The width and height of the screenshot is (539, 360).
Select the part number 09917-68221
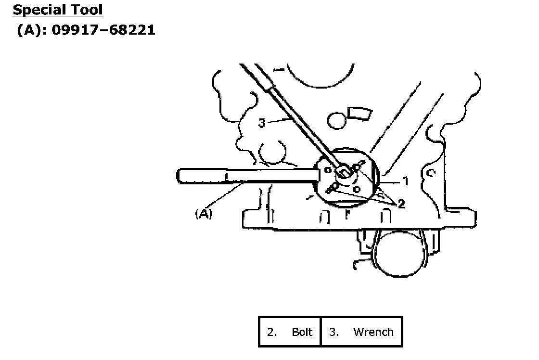[103, 30]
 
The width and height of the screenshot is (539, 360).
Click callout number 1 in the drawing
[405, 181]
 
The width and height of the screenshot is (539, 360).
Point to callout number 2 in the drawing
[401, 205]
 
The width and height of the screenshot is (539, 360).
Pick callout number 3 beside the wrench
[262, 123]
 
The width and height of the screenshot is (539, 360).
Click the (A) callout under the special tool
[204, 214]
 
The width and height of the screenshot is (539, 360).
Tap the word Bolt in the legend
[302, 332]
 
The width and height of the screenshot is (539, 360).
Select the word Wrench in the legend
[373, 332]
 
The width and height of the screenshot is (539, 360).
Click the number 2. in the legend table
[272, 332]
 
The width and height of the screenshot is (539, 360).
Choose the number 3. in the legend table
[334, 332]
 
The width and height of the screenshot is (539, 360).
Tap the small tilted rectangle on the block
[360, 113]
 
